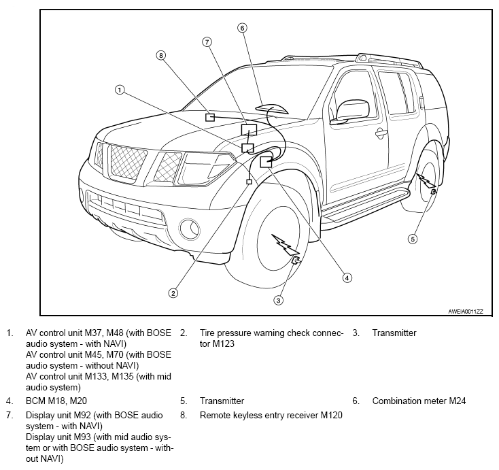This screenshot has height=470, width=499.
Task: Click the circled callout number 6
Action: pyautogui.click(x=242, y=28)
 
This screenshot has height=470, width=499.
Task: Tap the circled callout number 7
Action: pyautogui.click(x=207, y=41)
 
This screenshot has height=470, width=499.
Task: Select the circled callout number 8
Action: pyautogui.click(x=161, y=55)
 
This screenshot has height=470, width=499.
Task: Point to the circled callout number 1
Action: pyautogui.click(x=120, y=90)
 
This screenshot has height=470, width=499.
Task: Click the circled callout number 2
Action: pyautogui.click(x=173, y=293)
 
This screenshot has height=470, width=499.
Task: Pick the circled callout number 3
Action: pyautogui.click(x=279, y=300)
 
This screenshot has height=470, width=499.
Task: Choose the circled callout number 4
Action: pyautogui.click(x=347, y=278)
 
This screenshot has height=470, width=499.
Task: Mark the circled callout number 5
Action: pyautogui.click(x=413, y=239)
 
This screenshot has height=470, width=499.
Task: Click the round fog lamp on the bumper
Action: pyautogui.click(x=190, y=229)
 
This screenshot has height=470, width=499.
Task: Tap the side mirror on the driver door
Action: pyautogui.click(x=350, y=112)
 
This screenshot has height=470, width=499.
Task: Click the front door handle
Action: pyautogui.click(x=381, y=133)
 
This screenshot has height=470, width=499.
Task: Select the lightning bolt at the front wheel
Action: pyautogui.click(x=284, y=244)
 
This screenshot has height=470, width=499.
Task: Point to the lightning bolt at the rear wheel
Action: pyautogui.click(x=425, y=181)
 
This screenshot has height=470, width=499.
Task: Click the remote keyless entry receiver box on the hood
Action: pyautogui.click(x=210, y=118)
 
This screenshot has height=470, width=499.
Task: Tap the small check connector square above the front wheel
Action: pyautogui.click(x=249, y=182)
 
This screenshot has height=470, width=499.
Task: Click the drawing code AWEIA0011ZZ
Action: pyautogui.click(x=466, y=312)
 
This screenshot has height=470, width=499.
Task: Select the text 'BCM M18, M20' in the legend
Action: pyautogui.click(x=56, y=401)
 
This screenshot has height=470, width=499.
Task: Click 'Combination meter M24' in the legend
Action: pyautogui.click(x=419, y=401)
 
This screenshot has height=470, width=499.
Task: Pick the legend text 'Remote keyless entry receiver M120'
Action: pyautogui.click(x=271, y=415)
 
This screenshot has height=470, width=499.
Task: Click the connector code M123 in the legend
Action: pyautogui.click(x=224, y=344)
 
